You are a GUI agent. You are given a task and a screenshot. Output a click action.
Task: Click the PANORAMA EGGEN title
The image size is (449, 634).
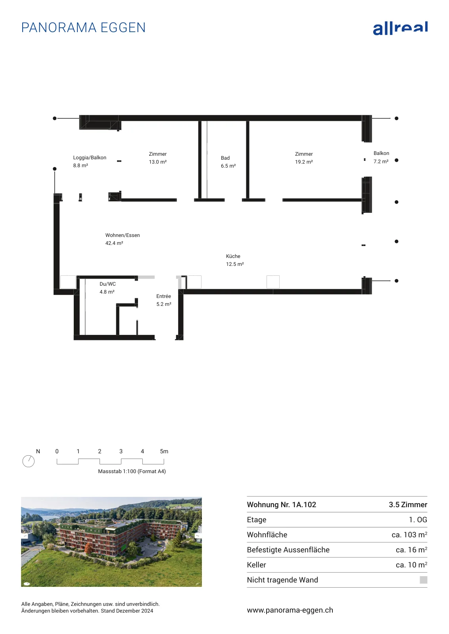click(x=83, y=28)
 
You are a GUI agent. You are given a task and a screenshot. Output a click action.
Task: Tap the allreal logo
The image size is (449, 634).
click(x=400, y=28)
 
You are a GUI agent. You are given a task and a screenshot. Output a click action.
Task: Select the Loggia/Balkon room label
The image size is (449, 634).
click(x=90, y=158)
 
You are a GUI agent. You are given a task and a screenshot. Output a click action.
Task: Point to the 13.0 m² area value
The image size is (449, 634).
click(x=158, y=162)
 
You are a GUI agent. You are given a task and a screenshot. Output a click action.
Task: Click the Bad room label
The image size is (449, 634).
click(x=225, y=158)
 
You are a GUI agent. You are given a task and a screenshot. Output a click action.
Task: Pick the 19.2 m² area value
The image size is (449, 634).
click(x=304, y=162)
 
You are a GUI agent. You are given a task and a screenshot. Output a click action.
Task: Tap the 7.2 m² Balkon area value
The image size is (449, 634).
click(x=381, y=161)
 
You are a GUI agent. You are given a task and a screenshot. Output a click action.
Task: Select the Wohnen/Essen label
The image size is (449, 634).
click(x=123, y=235)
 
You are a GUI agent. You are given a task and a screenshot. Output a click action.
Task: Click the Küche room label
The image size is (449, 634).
click(x=233, y=256)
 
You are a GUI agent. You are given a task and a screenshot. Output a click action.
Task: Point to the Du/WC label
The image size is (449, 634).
click(x=107, y=284)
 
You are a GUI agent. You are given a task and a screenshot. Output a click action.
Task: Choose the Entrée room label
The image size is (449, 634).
click(x=164, y=296)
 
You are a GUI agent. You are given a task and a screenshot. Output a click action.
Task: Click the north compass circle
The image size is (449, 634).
click(x=28, y=461)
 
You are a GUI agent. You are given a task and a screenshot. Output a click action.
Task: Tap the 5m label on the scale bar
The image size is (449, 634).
click(x=164, y=451)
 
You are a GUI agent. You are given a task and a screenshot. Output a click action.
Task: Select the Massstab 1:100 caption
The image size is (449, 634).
click(x=132, y=471)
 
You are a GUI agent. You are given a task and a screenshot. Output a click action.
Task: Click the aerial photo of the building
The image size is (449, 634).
click(x=111, y=542)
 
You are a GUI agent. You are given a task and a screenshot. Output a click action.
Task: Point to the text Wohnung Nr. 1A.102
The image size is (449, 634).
click(x=281, y=505)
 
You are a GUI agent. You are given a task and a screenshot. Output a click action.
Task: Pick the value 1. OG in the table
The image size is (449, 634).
click(x=418, y=519)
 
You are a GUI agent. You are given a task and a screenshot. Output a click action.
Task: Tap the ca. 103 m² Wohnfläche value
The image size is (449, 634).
click(x=409, y=535)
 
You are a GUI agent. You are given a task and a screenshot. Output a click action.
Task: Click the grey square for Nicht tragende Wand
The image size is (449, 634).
click(x=424, y=580)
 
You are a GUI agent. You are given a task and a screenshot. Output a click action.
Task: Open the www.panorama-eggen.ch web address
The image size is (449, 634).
click(x=290, y=610)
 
